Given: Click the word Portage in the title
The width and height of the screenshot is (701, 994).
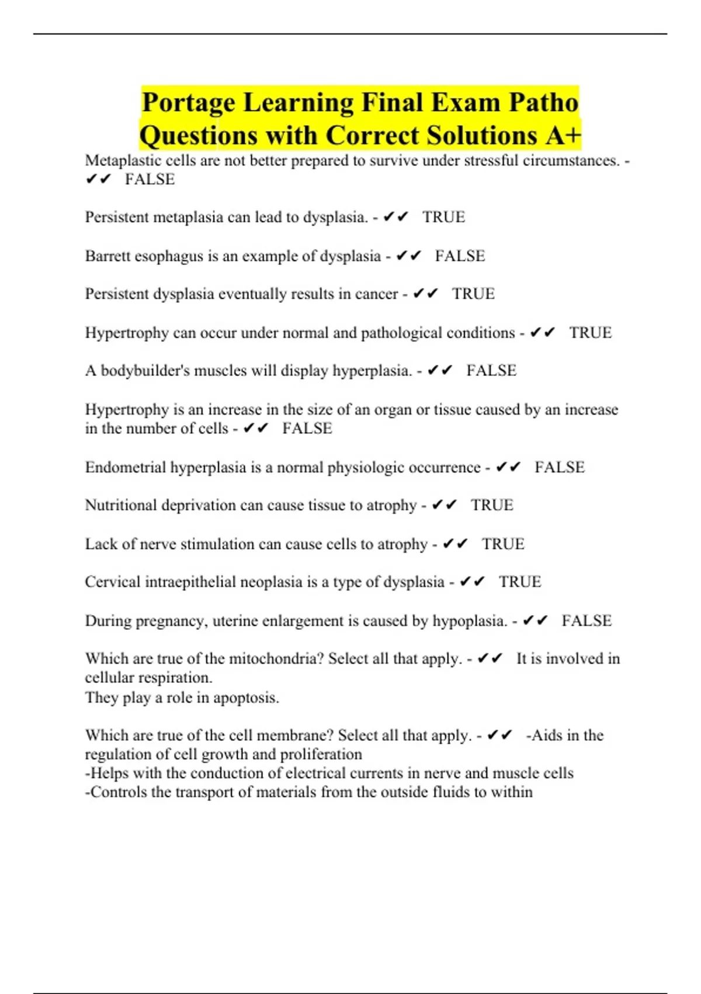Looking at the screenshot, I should (189, 103).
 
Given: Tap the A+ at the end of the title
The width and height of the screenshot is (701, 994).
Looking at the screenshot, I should (564, 136).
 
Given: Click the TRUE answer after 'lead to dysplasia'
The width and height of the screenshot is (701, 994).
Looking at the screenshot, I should (443, 217).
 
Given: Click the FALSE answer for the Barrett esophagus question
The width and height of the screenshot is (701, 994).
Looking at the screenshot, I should (460, 256).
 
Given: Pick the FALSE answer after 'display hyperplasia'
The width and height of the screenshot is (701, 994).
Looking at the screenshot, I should (491, 370).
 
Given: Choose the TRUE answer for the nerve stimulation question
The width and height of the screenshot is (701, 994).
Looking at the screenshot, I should (503, 544).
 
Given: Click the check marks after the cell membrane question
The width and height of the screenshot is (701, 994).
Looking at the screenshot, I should (499, 735).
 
